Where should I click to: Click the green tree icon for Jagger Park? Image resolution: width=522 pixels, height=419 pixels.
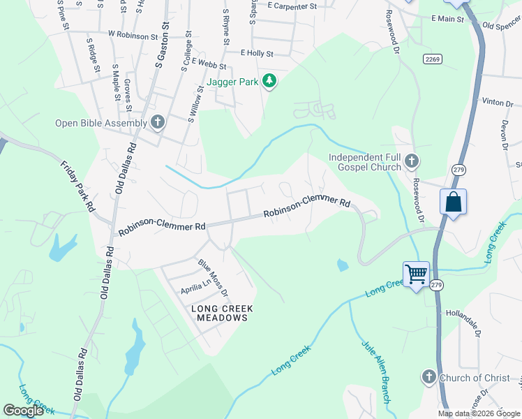tap(269, 82)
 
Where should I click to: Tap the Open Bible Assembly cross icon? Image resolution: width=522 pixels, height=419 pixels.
tap(158, 123)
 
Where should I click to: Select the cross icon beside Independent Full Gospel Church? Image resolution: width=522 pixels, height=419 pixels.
tap(412, 162)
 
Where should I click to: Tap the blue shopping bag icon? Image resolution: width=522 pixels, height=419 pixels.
tap(453, 202)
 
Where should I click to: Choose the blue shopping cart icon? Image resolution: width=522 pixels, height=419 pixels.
tap(416, 273)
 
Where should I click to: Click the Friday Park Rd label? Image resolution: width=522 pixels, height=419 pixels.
tap(77, 186)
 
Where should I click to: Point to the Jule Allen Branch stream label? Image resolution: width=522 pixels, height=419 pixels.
tap(375, 371)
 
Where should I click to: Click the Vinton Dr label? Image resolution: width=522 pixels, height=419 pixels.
tap(497, 103)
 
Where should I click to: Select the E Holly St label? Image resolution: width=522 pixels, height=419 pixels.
tap(256, 53)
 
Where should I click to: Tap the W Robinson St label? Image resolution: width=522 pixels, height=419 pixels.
tap(133, 34)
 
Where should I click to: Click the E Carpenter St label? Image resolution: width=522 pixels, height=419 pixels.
tap(292, 6)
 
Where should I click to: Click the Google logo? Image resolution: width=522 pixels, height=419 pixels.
tap(23, 411)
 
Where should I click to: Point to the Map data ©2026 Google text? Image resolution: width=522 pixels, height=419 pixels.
tap(478, 413)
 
